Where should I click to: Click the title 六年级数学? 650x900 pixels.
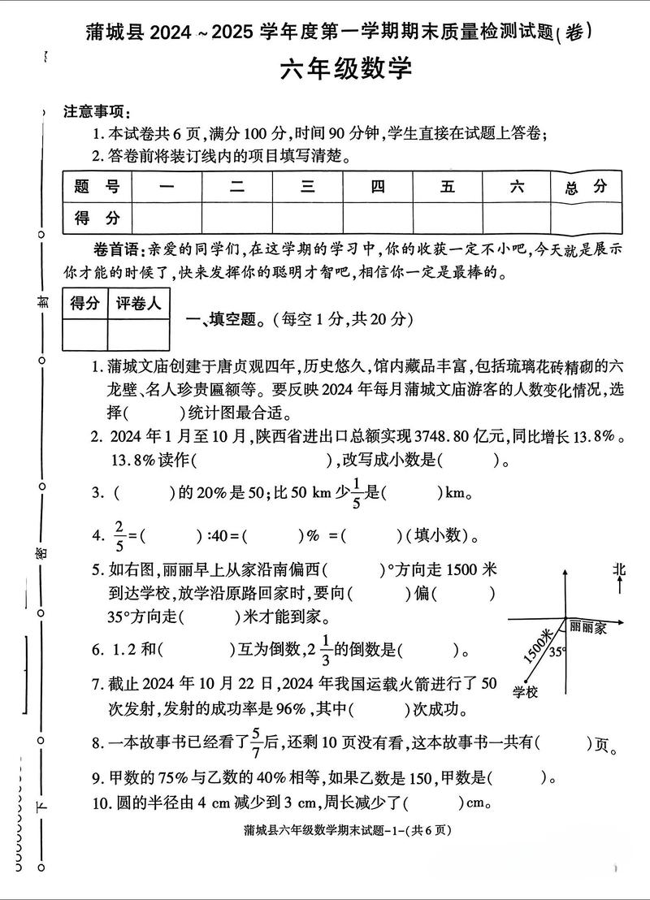(x=346, y=70)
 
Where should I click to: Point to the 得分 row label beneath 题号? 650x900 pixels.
(x=97, y=218)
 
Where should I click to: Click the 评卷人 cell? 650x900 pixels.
(x=138, y=303)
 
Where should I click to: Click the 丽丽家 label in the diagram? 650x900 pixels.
(x=587, y=627)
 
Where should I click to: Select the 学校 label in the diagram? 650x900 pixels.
(x=526, y=692)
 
